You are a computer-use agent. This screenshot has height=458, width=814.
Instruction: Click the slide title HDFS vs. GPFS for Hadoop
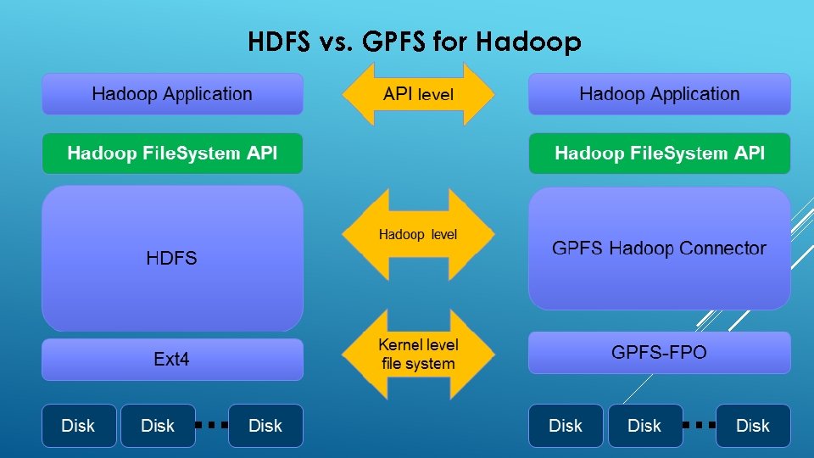415,42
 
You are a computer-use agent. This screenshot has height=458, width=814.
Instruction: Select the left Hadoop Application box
172,94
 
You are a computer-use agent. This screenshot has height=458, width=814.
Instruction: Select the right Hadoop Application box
659,94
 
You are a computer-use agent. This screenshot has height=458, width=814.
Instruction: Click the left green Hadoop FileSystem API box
172,154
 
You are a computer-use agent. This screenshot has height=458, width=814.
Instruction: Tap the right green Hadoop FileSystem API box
659,154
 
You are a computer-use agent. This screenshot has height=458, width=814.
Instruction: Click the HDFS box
172,258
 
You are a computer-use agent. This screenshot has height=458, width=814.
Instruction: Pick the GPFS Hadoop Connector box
659,249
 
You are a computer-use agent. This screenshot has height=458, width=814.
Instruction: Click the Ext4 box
172,360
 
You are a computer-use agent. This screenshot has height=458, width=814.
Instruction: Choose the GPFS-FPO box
659,352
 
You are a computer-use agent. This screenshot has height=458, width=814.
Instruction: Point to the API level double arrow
418,94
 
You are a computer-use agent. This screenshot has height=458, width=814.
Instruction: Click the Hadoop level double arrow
418,234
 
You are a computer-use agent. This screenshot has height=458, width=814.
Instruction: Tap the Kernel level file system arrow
418,355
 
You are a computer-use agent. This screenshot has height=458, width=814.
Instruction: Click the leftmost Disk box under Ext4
79,426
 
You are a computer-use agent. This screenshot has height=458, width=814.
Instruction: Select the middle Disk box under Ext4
158,426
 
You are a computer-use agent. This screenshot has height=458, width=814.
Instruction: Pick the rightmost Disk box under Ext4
265,426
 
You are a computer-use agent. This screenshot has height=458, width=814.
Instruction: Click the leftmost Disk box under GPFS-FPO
566,426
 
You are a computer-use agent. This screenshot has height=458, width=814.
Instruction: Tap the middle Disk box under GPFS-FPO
644,426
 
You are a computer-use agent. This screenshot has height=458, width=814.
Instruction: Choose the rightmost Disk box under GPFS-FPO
753,426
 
